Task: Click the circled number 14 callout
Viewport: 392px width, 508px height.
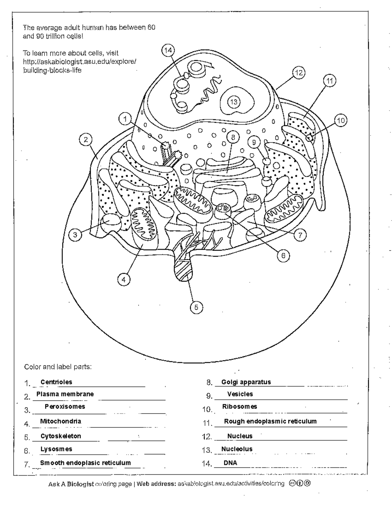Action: click(168, 50)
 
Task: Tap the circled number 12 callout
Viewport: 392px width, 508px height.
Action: click(298, 72)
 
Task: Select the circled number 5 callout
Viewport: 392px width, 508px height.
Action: click(196, 307)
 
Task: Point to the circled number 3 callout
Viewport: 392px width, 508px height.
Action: click(75, 235)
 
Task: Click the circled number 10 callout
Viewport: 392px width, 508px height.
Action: click(341, 121)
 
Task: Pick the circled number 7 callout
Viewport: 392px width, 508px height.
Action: click(300, 234)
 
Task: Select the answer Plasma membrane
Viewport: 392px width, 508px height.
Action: click(65, 394)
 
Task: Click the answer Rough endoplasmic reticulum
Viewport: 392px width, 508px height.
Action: click(270, 421)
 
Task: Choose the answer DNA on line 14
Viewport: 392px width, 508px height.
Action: click(230, 463)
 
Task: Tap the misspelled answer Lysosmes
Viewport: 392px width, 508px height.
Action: click(56, 449)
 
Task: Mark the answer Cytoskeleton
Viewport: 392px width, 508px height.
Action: click(61, 436)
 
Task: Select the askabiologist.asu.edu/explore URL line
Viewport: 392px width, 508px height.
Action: click(79, 61)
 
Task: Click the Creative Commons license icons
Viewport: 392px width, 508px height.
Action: click(299, 483)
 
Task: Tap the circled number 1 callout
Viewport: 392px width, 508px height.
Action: click(125, 119)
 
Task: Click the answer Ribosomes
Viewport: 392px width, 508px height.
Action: click(239, 407)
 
